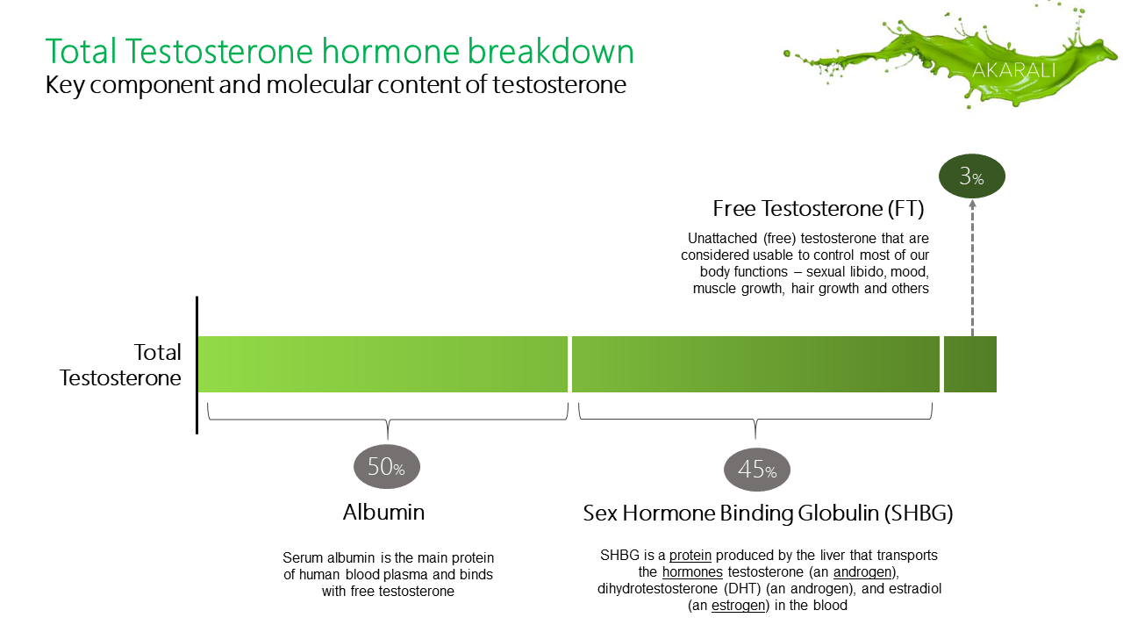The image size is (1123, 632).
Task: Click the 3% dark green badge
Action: [971, 176]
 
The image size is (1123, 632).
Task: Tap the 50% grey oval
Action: [387, 466]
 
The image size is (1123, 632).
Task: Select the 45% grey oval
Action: [756, 470]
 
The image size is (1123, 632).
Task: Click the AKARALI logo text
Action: [1013, 70]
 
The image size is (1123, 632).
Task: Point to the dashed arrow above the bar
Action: [972, 268]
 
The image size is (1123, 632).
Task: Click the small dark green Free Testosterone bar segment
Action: [970, 364]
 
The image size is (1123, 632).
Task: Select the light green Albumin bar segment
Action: [383, 364]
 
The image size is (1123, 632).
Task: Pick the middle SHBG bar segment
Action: [755, 364]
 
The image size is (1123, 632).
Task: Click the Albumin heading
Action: [383, 512]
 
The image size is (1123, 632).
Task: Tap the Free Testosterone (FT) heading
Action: [819, 209]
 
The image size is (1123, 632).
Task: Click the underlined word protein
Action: [690, 556]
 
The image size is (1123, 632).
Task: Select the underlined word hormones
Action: [692, 571]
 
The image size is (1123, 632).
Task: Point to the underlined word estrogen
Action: [738, 606]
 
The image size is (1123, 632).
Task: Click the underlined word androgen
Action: [862, 572]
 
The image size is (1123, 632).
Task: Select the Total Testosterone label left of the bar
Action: [120, 364]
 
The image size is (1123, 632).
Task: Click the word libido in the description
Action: [861, 271]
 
